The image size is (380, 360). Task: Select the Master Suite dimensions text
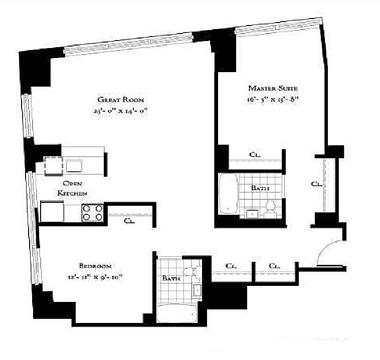tap(273, 99)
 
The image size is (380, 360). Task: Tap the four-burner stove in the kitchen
tap(92, 212)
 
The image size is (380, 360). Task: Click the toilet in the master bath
tap(271, 208)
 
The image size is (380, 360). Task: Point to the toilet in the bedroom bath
tap(189, 271)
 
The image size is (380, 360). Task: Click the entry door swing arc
tap(328, 250)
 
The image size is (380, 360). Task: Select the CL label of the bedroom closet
tap(129, 220)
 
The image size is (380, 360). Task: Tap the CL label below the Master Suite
tap(255, 155)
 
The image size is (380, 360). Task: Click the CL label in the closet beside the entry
tap(316, 184)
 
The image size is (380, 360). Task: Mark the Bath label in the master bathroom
tap(260, 188)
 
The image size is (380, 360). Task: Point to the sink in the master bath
tap(251, 214)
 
